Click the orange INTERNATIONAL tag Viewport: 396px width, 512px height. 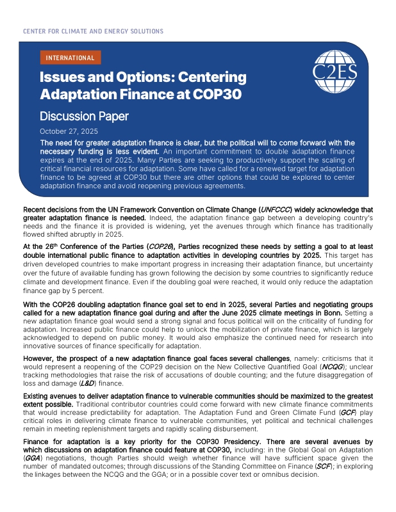coord(70,58)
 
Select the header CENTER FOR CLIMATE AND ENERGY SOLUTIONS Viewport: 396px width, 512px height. coord(93,31)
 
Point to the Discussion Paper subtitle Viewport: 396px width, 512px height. coord(84,116)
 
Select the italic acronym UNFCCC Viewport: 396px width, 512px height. coord(274,209)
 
